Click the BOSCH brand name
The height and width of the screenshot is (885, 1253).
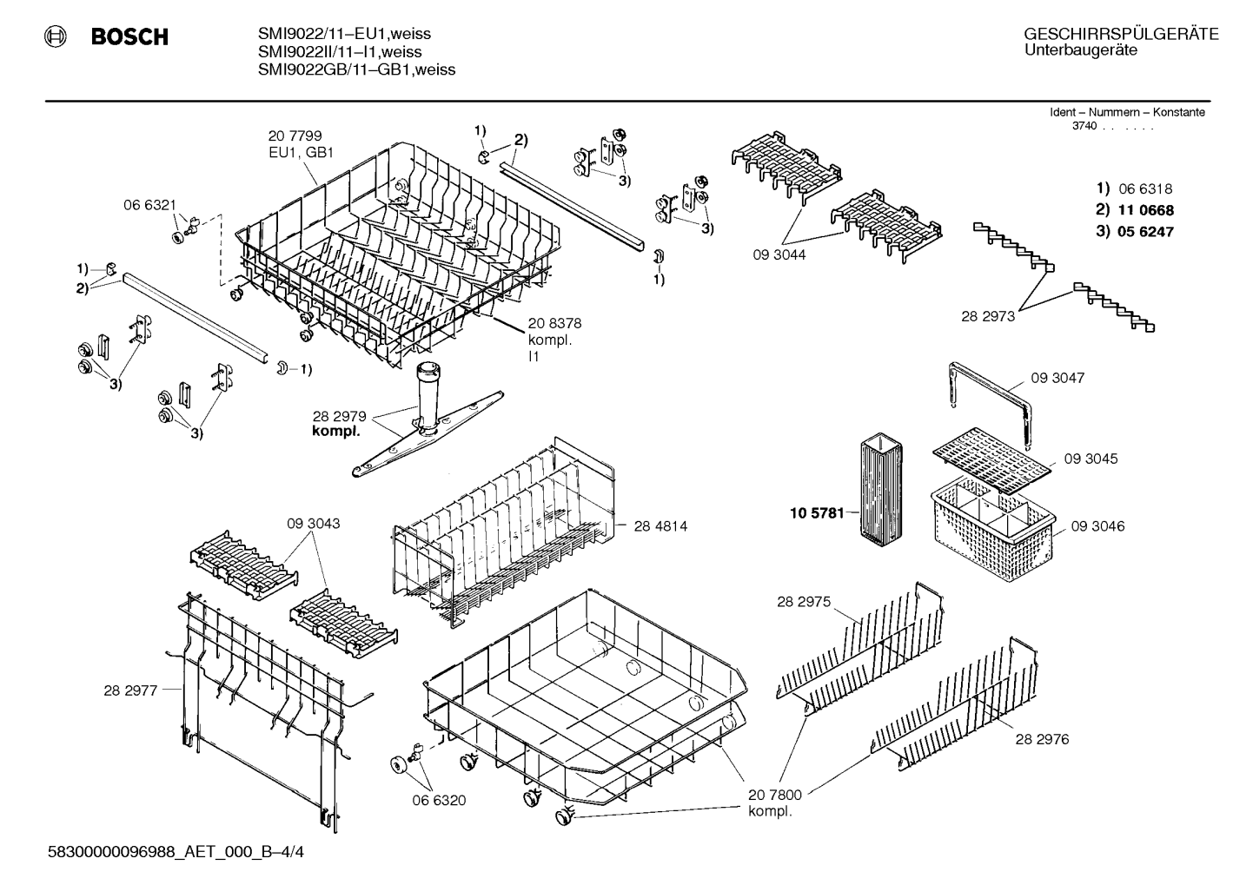129,36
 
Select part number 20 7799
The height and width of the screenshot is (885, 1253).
295,135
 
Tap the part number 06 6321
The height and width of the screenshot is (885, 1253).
150,205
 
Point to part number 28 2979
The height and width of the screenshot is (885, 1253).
340,416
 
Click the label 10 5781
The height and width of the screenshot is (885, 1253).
817,512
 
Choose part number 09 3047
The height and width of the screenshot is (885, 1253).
1057,378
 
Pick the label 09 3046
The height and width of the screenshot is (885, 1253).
1098,526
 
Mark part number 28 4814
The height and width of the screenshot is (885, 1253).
660,526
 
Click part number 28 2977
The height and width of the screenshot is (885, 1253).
130,691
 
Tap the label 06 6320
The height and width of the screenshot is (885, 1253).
439,801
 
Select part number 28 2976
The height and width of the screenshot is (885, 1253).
1042,739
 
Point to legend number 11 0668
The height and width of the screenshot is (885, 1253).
1145,210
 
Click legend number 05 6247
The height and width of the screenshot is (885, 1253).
1145,231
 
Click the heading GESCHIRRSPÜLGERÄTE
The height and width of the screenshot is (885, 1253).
1121,34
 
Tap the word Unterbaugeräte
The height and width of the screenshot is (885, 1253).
1081,50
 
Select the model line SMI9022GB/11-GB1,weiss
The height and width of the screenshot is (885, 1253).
356,69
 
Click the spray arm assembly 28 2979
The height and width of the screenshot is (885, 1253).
428,419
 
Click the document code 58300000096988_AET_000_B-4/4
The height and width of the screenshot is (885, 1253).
176,852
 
